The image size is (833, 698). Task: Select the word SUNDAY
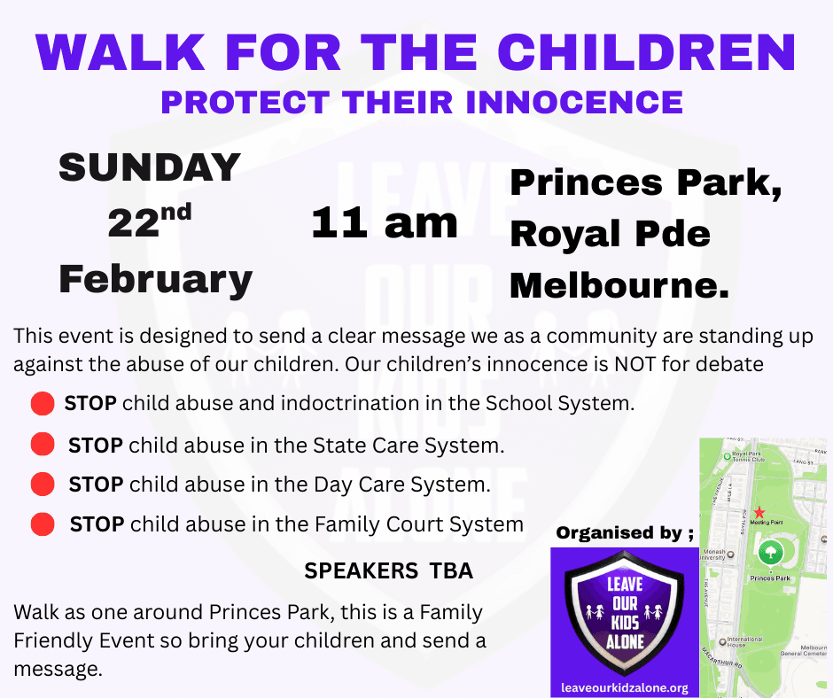click(150, 167)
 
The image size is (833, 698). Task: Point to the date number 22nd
click(150, 221)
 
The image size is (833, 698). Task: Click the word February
click(155, 279)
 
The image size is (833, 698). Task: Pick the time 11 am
click(384, 223)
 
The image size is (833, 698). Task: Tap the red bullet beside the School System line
click(43, 405)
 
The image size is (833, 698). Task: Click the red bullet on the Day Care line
click(43, 485)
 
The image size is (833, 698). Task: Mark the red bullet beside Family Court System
click(43, 524)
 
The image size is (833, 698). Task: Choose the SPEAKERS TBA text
click(388, 572)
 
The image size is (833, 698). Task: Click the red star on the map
click(759, 513)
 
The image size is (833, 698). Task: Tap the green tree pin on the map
click(769, 554)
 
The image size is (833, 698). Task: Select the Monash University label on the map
click(713, 555)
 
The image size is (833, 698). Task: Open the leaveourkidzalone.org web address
click(625, 687)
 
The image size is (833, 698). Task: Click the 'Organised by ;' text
click(624, 533)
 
